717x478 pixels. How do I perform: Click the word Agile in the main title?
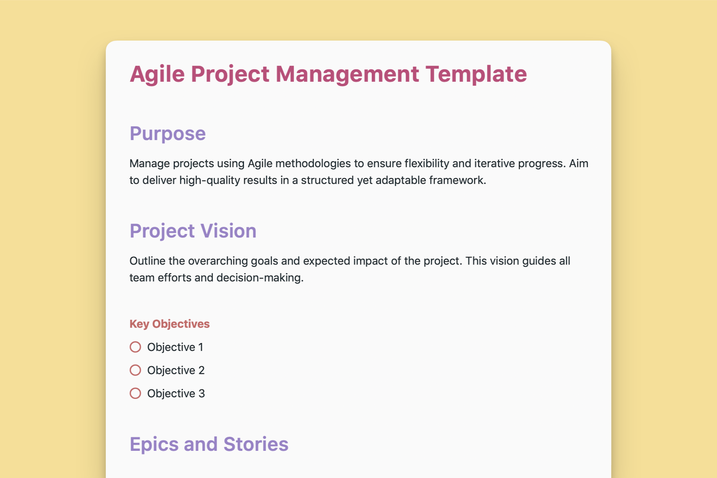157,74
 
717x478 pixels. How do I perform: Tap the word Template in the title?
476,74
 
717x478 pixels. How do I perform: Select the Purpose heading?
167,134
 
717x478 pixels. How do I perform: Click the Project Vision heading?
193,231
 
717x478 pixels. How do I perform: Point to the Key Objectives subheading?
170,324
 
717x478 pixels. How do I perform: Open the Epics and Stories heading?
209,444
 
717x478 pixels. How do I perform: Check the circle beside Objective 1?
135,347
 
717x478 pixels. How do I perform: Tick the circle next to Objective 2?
135,370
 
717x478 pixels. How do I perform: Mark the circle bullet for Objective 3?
135,393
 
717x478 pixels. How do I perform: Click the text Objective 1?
175,347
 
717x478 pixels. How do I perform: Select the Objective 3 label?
176,393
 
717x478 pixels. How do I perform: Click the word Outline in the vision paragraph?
147,261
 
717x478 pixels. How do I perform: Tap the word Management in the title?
347,74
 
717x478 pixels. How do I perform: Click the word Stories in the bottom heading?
256,444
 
